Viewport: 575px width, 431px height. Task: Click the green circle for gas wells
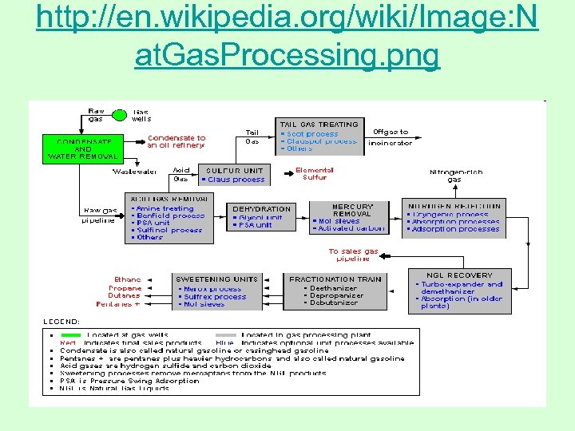coord(119,116)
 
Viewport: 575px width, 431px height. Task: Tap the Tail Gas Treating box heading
coord(318,124)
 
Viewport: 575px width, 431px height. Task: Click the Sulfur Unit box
coord(234,174)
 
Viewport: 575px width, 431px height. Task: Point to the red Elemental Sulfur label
coord(315,174)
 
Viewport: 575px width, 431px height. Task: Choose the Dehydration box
coord(261,216)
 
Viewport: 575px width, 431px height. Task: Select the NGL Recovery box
coord(459,291)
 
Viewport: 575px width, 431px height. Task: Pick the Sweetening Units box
coord(217,291)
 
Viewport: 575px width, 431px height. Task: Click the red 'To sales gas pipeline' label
coord(353,255)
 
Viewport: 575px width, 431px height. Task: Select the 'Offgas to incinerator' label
coord(391,137)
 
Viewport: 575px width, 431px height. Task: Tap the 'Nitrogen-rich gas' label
coord(455,176)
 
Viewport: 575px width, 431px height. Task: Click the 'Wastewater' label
coord(134,172)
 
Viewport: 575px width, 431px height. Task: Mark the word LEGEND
coord(61,322)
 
